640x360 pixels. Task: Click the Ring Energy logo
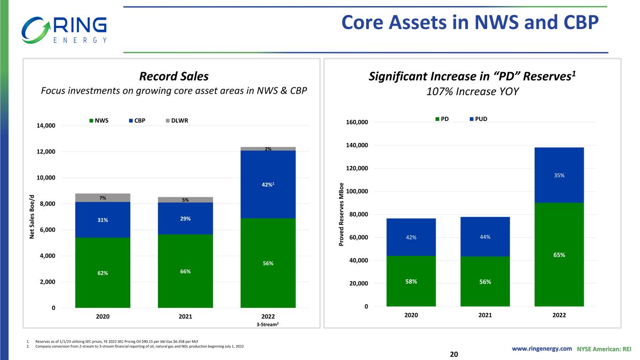point(64,30)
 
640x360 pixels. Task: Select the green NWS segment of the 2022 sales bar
point(268,263)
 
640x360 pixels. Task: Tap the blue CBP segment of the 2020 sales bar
point(103,219)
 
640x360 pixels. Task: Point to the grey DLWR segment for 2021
point(186,200)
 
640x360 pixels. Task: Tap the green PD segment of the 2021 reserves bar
point(485,281)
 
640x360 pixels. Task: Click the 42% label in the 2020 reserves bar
point(411,237)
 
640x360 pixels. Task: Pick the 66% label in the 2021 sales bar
point(186,271)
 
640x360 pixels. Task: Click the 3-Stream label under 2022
point(268,323)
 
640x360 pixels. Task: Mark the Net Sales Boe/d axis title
point(32,216)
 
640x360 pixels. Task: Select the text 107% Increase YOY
point(473,91)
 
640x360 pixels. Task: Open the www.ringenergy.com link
point(542,349)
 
